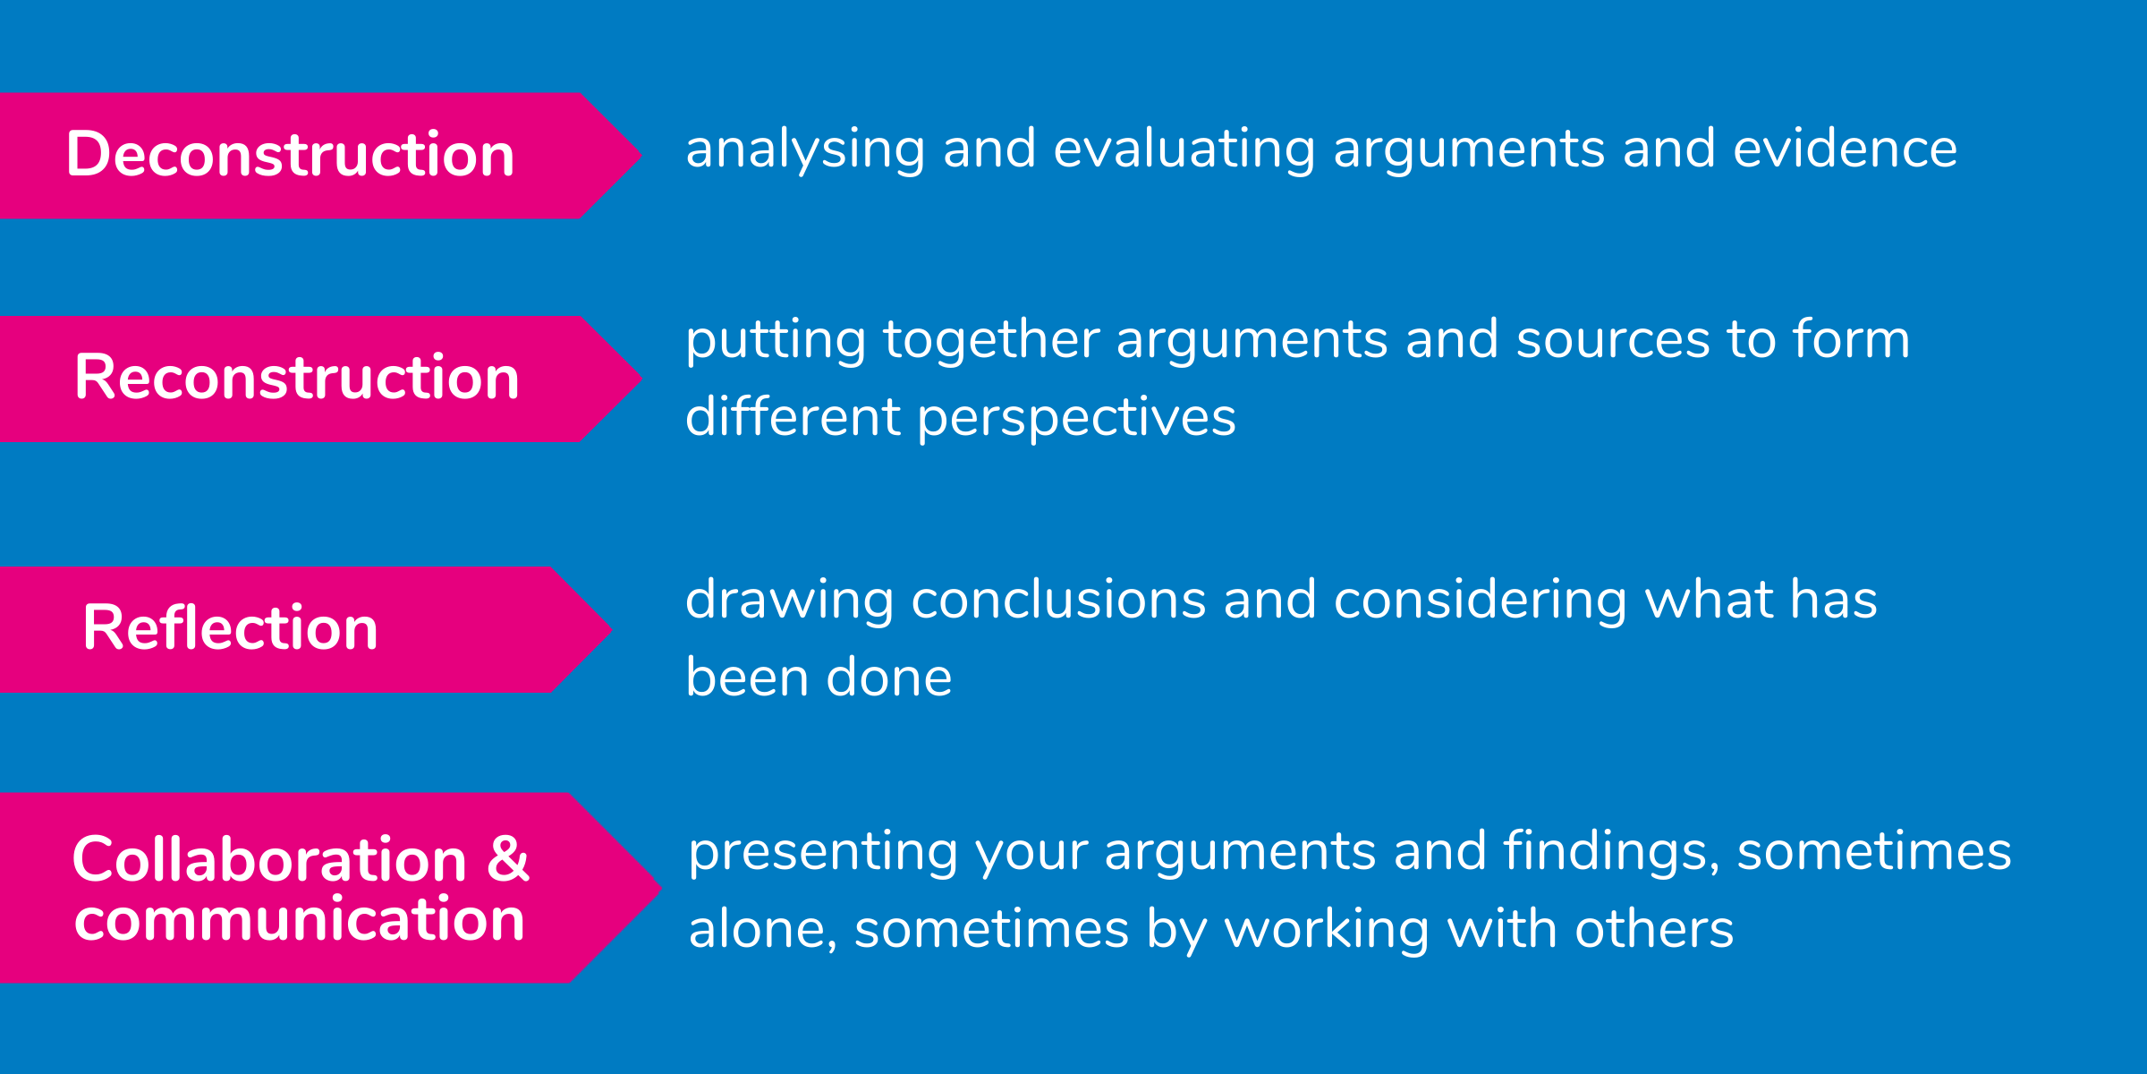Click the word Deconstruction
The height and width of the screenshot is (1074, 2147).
(x=291, y=154)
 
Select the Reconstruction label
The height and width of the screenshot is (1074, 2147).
(x=297, y=377)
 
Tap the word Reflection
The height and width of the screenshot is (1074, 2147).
(x=231, y=627)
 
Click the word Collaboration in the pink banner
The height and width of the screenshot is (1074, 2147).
(x=269, y=859)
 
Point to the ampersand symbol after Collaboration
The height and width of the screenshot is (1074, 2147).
(x=508, y=859)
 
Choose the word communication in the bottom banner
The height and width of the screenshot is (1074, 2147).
(x=300, y=919)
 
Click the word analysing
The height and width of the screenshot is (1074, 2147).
(x=805, y=149)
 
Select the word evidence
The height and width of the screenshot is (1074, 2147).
(x=1845, y=149)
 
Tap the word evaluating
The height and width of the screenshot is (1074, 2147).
(x=1184, y=149)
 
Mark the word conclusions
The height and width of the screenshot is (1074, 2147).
(x=1058, y=600)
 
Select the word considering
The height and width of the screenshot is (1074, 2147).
(x=1481, y=601)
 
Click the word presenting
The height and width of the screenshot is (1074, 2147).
(x=823, y=852)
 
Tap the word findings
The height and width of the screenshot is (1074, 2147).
(x=1610, y=851)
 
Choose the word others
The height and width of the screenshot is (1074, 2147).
(x=1654, y=929)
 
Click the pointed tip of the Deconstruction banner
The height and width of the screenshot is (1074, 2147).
(x=642, y=155)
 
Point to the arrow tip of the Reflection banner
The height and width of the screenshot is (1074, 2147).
(x=612, y=630)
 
